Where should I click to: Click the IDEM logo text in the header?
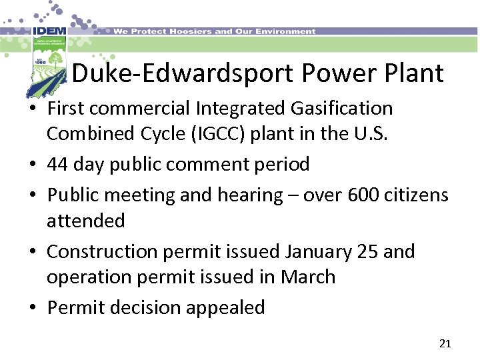49,31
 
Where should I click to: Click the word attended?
85,221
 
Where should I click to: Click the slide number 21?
445,344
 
